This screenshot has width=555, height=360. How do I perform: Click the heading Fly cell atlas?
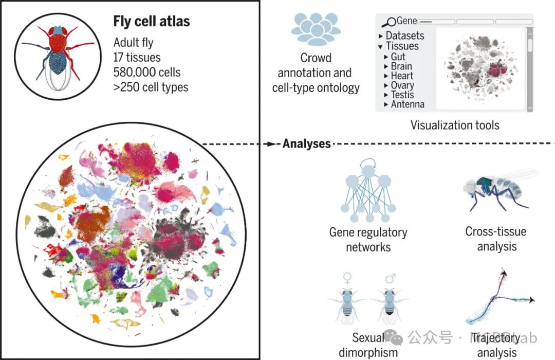click(x=152, y=22)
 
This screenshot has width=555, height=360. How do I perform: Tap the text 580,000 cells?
click(x=147, y=73)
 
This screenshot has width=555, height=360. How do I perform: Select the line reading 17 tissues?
click(x=137, y=58)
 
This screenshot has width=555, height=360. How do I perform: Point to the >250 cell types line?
click(x=151, y=87)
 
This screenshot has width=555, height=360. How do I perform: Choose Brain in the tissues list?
click(x=401, y=66)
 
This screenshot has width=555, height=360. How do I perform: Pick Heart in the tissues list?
click(x=402, y=76)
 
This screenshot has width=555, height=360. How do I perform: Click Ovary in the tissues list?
click(x=402, y=85)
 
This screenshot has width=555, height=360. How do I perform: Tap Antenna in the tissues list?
click(x=408, y=104)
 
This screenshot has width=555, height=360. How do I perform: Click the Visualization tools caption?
click(x=455, y=125)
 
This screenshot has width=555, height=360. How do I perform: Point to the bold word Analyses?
click(x=306, y=143)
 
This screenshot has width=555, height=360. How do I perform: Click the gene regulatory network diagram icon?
click(x=367, y=193)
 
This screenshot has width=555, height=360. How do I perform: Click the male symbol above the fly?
click(x=391, y=279)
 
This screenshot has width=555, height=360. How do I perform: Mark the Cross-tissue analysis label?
click(x=496, y=239)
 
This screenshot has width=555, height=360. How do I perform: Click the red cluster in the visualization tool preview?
click(x=497, y=70)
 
